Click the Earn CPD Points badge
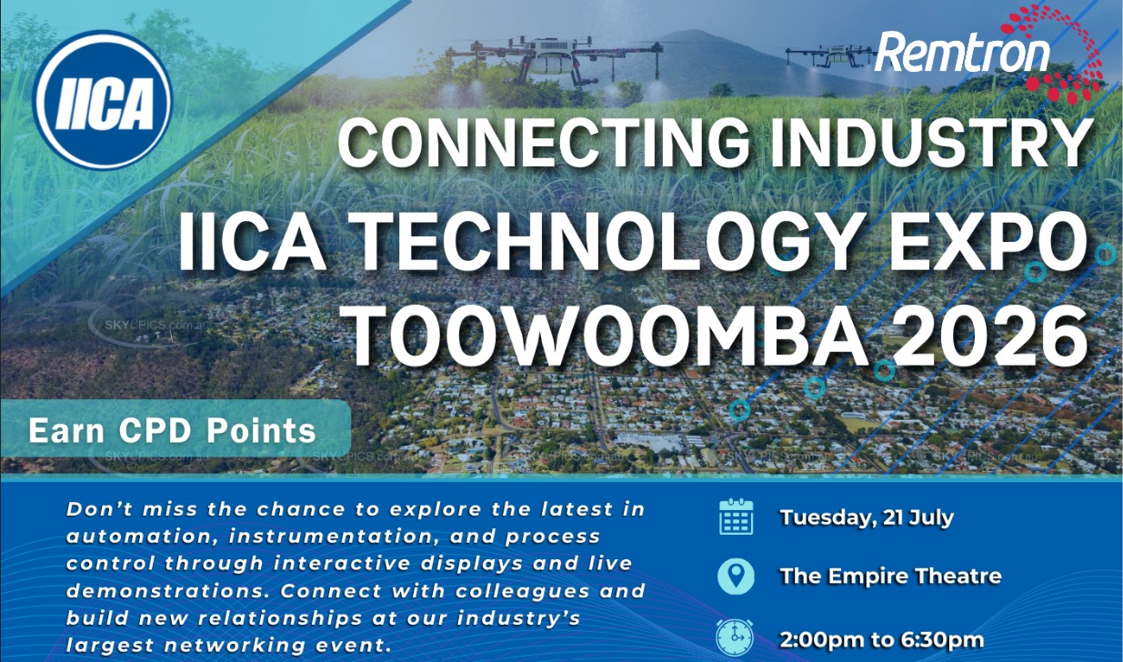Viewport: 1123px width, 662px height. click(175, 429)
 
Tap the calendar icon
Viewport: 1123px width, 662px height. click(736, 517)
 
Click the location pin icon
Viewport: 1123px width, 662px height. click(736, 577)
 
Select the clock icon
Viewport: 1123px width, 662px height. click(735, 637)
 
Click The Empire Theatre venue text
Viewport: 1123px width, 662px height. click(891, 577)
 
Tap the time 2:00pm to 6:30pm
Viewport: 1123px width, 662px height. click(882, 640)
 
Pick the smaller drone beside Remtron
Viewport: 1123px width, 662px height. click(832, 56)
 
